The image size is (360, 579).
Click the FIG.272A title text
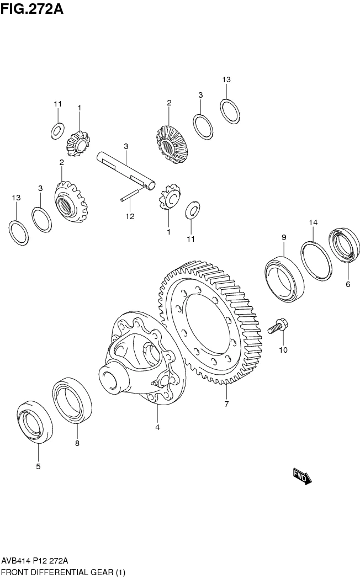click(x=32, y=9)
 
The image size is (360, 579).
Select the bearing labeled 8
click(x=72, y=400)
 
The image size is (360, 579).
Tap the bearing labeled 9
click(x=283, y=279)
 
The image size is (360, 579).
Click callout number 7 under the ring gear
click(x=226, y=404)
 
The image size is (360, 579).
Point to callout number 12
click(x=130, y=216)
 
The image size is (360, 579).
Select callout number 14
click(x=313, y=222)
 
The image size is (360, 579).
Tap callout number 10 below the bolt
click(x=283, y=350)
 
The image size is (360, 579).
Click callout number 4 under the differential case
click(x=157, y=427)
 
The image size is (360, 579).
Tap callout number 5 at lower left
click(x=38, y=466)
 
